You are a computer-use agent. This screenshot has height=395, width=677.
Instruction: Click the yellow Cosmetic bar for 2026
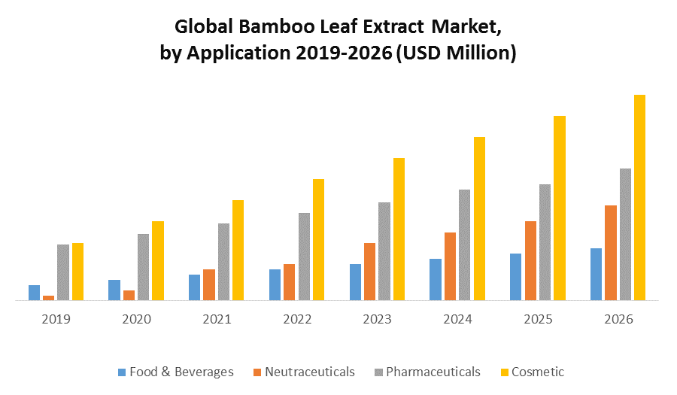(x=639, y=197)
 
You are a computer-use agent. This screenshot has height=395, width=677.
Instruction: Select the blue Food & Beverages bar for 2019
(x=34, y=293)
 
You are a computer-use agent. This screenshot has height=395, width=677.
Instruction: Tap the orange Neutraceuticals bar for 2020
(x=129, y=295)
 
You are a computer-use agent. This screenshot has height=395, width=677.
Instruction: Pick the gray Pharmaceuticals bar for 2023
(x=384, y=251)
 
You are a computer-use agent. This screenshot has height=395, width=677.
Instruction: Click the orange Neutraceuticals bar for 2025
(x=530, y=260)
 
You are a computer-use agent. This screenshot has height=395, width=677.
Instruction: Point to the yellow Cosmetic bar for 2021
(x=238, y=250)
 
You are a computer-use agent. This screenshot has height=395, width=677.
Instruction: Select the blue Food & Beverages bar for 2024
(x=436, y=279)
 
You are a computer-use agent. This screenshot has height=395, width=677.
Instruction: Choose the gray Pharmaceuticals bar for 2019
(x=63, y=272)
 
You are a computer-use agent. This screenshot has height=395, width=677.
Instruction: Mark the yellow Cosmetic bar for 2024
(x=479, y=218)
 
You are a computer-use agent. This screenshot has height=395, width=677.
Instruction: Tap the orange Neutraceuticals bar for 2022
(x=290, y=282)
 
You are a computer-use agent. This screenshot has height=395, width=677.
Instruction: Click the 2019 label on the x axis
(x=56, y=319)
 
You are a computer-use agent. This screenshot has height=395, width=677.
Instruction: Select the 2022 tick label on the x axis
(x=297, y=319)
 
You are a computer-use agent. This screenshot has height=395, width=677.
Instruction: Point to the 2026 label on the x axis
(x=618, y=319)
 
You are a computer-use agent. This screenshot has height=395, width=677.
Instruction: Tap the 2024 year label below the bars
(x=457, y=319)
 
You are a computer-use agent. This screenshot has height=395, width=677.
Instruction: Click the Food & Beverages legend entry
(x=181, y=372)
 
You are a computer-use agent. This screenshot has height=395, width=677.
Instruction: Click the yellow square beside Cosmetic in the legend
(x=505, y=372)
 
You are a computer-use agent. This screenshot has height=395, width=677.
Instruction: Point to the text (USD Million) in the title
(x=456, y=54)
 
